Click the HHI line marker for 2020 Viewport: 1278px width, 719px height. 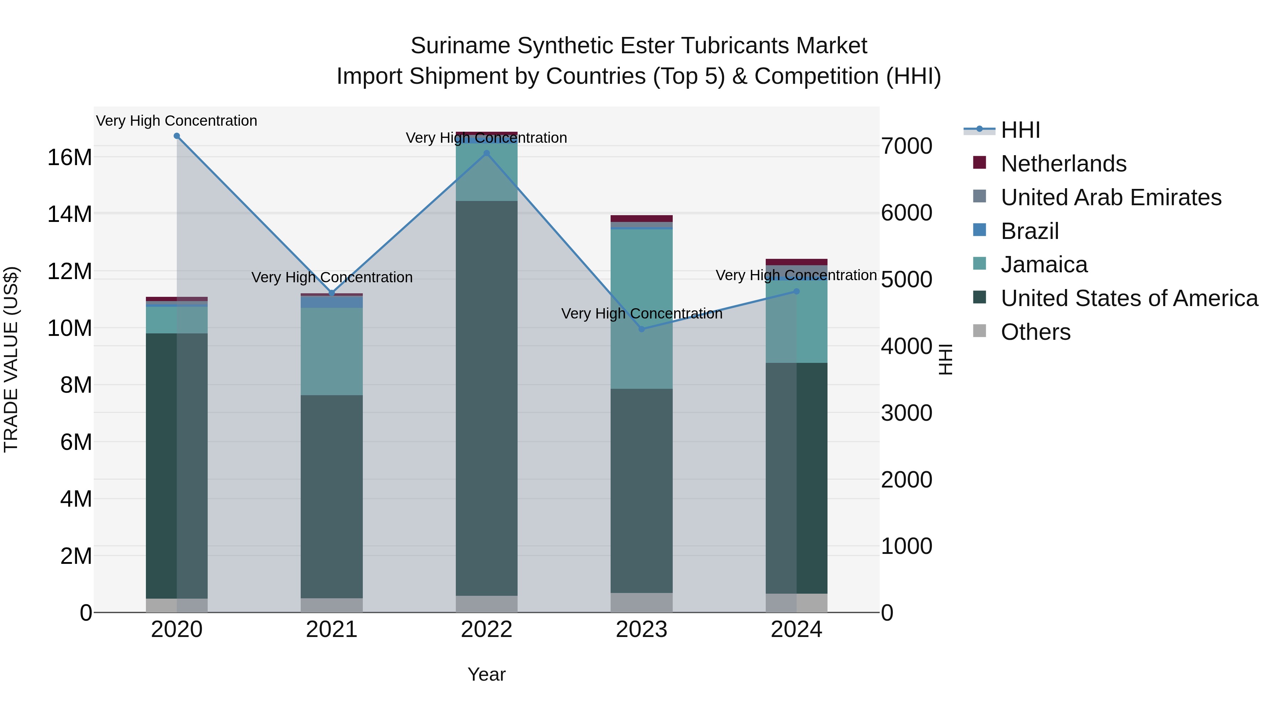(x=177, y=136)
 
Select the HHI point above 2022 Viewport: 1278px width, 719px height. (x=487, y=153)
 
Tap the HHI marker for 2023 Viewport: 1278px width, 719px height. (x=641, y=329)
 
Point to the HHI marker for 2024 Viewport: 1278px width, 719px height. (x=797, y=291)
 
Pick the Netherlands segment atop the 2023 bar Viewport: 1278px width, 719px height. (x=641, y=218)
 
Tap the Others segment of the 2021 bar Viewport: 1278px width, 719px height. (x=332, y=605)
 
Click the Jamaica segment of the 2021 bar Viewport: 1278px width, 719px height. (x=332, y=351)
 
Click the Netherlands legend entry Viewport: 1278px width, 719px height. (x=1063, y=164)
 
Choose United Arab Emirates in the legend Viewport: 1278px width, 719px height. (x=1111, y=197)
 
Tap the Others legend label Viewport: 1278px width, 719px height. (x=1036, y=332)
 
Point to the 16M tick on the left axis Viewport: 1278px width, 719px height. (x=70, y=157)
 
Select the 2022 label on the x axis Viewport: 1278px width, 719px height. (x=487, y=630)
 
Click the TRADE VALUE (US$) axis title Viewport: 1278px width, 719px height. (x=11, y=359)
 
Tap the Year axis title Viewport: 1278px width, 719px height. (x=487, y=674)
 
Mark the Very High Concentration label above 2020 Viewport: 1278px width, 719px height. (x=177, y=121)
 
